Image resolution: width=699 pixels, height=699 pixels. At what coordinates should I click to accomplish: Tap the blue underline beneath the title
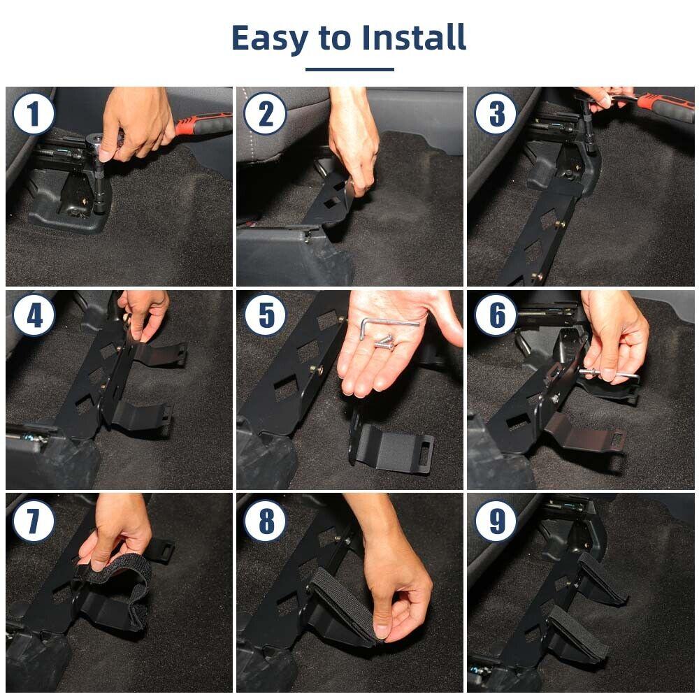tap(349, 69)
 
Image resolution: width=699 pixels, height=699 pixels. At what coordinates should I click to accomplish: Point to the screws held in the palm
tap(383, 342)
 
